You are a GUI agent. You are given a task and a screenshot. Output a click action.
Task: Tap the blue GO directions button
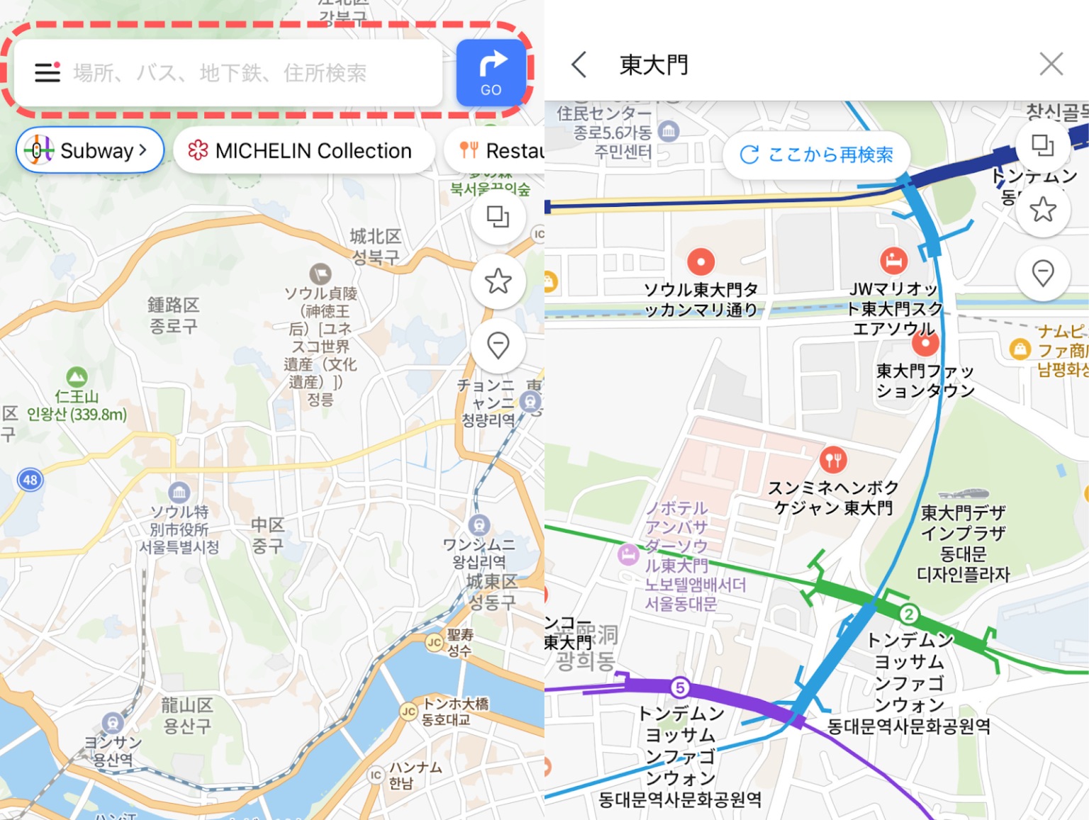[491, 72]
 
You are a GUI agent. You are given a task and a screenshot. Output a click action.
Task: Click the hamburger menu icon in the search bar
[48, 72]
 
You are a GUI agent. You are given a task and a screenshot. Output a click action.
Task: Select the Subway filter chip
[90, 150]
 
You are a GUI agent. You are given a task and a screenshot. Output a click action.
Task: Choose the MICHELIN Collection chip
[303, 150]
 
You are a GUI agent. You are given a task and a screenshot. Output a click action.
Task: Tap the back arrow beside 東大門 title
[579, 64]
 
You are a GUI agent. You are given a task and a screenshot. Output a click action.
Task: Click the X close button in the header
[1051, 64]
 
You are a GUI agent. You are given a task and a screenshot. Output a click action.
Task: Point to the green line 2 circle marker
[908, 614]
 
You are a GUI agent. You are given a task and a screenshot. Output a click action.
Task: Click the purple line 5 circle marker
[679, 687]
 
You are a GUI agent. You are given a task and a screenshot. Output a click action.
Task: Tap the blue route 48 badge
[30, 480]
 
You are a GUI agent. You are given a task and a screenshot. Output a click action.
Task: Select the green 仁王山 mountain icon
[77, 376]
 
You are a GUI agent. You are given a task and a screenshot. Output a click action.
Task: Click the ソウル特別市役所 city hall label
[179, 529]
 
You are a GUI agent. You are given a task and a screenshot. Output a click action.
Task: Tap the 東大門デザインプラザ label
[963, 542]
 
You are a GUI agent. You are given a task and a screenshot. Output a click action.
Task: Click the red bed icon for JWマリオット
[893, 261]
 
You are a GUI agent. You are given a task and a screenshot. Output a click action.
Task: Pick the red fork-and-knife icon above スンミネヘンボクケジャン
[833, 460]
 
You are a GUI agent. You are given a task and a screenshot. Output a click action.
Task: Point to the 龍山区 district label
[187, 715]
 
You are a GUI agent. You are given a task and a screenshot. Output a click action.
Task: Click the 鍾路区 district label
[173, 315]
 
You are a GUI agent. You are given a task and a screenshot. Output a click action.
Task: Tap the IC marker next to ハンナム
[376, 775]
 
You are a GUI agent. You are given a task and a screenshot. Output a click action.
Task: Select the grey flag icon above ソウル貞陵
[320, 274]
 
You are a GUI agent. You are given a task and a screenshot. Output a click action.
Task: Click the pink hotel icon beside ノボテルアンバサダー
[628, 554]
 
